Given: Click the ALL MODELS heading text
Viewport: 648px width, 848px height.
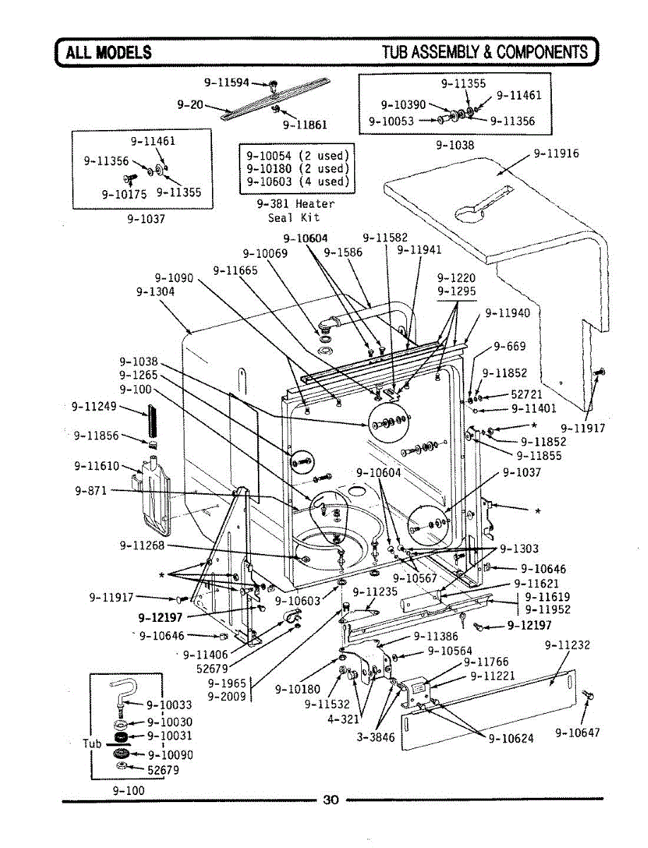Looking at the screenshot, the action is coord(109,52).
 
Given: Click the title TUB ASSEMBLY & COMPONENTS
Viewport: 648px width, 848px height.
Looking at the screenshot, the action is coord(485,52).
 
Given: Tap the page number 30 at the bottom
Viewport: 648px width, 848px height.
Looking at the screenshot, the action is coord(331,799).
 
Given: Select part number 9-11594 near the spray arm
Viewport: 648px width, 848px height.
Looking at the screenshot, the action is coord(227,82).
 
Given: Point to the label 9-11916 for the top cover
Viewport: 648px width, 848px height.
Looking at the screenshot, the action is coord(556,153).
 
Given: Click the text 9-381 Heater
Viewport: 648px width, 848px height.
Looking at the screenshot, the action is coord(296,204).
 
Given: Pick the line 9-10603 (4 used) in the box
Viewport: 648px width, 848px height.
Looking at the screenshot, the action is coord(298,182).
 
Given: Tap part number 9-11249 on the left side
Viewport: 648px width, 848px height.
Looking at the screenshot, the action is coord(94,406).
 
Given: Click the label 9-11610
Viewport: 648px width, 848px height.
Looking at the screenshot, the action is coord(97,466).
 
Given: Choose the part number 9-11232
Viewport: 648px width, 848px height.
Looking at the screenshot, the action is coord(567,644).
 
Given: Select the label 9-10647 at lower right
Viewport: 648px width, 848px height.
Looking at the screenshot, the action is coord(578,733).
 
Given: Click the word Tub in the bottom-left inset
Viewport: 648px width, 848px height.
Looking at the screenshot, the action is coord(92,743).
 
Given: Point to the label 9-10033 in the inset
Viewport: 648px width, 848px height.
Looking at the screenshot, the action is coord(169,705).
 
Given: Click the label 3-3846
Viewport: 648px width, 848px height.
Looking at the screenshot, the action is coord(376,737).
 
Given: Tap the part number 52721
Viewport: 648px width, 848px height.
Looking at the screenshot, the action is coord(526,394).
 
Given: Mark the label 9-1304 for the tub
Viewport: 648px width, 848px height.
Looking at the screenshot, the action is coord(155,291).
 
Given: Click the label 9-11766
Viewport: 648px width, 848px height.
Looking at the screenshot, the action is coord(486,661).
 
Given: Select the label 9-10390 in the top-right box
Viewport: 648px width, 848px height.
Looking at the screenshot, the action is coord(403,105).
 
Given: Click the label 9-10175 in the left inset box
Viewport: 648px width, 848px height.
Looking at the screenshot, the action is coord(124,194).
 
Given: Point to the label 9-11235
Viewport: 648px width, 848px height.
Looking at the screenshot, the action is coord(375,591).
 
